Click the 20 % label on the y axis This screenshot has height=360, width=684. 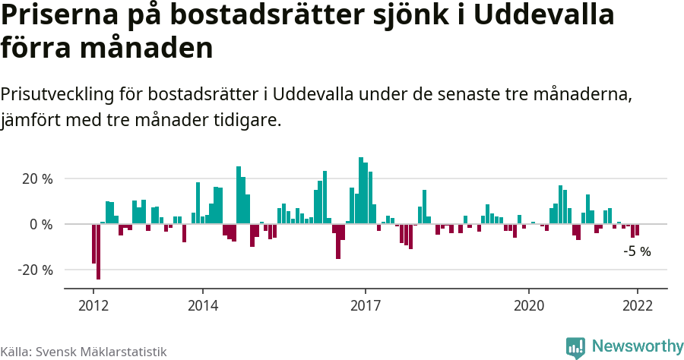[36, 179]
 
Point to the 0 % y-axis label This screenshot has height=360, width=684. [41, 225]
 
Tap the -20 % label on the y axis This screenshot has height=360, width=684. [35, 270]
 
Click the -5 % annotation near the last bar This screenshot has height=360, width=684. [637, 251]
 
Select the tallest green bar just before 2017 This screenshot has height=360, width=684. [361, 191]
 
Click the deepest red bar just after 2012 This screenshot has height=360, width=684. [98, 251]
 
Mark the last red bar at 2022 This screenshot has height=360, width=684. [637, 229]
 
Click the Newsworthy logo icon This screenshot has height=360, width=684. [575, 347]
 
